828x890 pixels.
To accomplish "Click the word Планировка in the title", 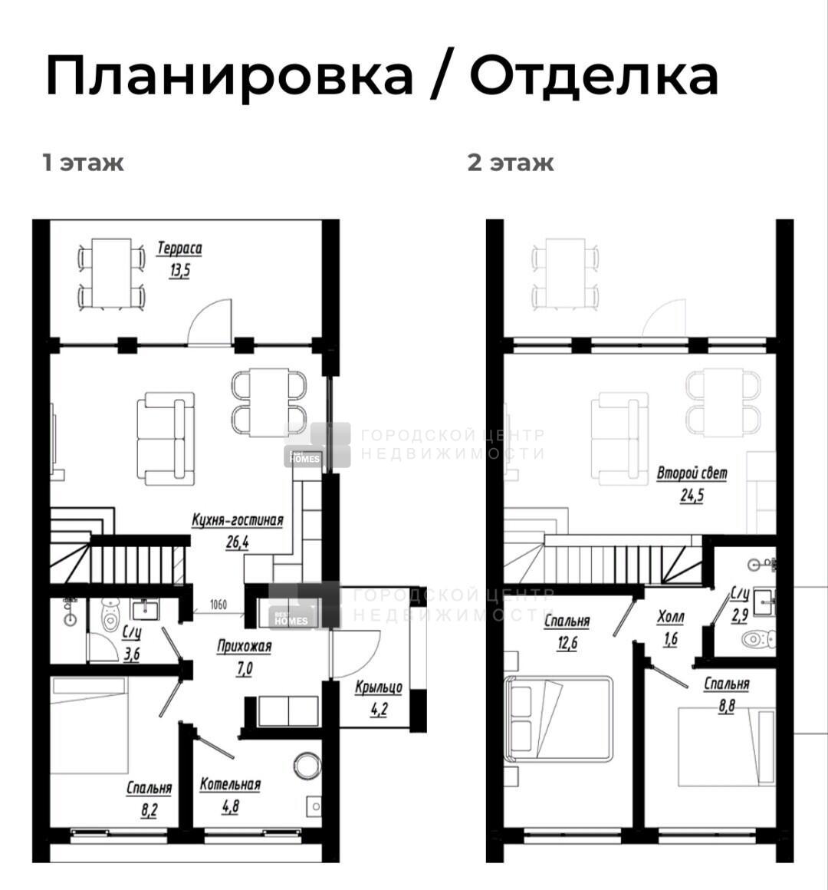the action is (x=230, y=76).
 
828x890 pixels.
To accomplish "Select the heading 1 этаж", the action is (x=83, y=163).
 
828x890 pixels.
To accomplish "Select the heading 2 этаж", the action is (x=511, y=163).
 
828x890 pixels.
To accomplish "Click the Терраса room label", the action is (x=179, y=248).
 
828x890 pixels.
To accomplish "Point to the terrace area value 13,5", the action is (x=179, y=270).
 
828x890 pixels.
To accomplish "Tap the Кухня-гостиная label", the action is (x=238, y=520).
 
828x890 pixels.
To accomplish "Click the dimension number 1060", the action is (x=219, y=604).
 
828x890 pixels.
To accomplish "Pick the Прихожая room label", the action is (x=245, y=647).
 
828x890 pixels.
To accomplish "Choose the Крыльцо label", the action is (x=379, y=687).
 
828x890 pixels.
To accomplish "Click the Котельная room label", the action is (x=230, y=784).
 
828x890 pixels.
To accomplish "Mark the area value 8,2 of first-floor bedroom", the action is (x=149, y=810).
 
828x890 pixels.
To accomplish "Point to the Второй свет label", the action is (x=692, y=473).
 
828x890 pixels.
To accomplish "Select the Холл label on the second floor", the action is (x=671, y=617).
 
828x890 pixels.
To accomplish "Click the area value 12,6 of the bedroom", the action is (x=567, y=644).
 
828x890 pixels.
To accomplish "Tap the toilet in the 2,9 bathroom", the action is (x=758, y=639).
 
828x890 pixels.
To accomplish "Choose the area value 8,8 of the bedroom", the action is (x=727, y=706).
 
